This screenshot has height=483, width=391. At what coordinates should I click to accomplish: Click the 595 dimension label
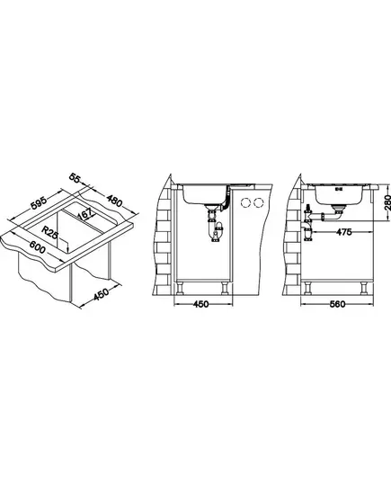pos(40,202)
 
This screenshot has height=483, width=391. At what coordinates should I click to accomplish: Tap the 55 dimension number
pos(75,178)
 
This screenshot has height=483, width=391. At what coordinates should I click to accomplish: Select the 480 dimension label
pos(114,201)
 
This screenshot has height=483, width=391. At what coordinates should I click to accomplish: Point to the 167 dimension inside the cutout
pos(85,214)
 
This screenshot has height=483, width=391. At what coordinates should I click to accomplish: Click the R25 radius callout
pos(49,232)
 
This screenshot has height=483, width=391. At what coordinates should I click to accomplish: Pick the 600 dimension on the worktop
pos(38,246)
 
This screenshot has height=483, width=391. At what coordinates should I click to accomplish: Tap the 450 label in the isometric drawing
pos(101,294)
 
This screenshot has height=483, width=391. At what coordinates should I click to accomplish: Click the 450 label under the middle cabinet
pos(200,304)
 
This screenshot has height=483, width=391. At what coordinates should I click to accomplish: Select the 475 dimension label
pos(343,232)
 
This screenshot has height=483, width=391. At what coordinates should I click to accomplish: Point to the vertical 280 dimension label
pos(387,202)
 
